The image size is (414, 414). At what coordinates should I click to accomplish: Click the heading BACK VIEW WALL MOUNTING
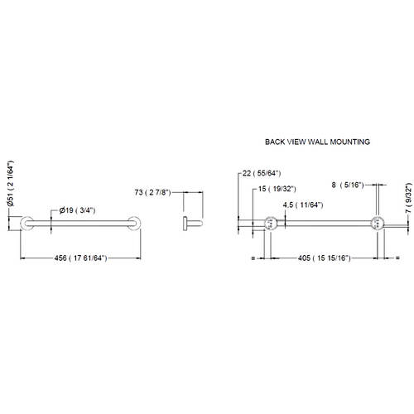click(x=317, y=142)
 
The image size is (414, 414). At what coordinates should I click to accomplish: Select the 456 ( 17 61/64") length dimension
click(x=80, y=258)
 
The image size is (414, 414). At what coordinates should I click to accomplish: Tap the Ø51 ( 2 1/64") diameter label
click(x=11, y=183)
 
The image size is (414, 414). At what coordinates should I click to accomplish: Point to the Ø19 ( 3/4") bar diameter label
click(x=77, y=210)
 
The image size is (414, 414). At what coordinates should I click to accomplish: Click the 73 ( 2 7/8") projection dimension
click(x=153, y=192)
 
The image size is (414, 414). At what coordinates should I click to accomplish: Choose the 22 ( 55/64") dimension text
click(x=262, y=173)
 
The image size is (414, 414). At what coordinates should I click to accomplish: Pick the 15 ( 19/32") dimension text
click(x=277, y=189)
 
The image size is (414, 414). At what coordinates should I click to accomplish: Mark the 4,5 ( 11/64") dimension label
click(x=303, y=205)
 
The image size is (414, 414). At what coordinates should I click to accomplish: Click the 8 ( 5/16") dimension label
click(x=348, y=185)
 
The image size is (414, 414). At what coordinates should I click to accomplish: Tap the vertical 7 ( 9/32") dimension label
click(x=409, y=198)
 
